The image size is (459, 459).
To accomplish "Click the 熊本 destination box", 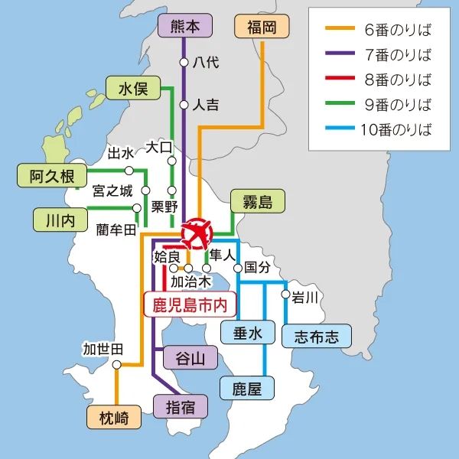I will pyautogui.click(x=183, y=28).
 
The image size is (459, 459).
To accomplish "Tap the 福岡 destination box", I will pyautogui.click(x=262, y=28).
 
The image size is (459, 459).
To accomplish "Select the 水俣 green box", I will pyautogui.click(x=132, y=89).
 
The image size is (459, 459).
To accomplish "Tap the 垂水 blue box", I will pyautogui.click(x=242, y=333).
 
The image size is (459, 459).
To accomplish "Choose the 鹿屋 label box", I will pyautogui.click(x=247, y=389).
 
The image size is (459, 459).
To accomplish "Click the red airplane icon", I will pyautogui.click(x=198, y=233).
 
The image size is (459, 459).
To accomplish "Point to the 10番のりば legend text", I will pyautogui.click(x=396, y=129).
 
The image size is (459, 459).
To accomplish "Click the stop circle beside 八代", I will pyautogui.click(x=184, y=61).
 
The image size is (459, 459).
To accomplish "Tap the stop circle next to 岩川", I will pyautogui.click(x=285, y=294).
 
